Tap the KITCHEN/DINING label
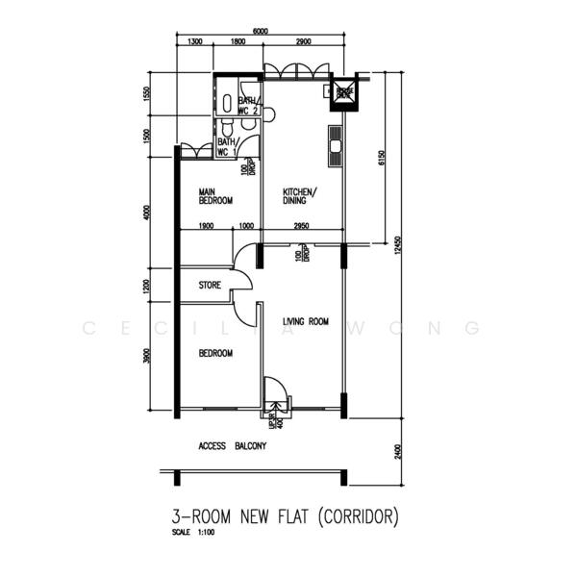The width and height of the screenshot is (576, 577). [x=299, y=196]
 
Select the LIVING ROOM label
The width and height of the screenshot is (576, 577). [x=306, y=321]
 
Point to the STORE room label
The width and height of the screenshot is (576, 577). [x=210, y=286]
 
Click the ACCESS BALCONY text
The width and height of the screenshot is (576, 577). [x=232, y=447]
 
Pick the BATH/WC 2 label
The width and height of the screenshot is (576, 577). [x=248, y=106]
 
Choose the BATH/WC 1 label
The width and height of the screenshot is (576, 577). [x=227, y=147]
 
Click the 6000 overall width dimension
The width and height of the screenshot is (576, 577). [x=260, y=31]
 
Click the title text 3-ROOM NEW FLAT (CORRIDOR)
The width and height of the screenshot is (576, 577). [x=279, y=516]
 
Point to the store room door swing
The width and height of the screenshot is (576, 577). [x=242, y=279]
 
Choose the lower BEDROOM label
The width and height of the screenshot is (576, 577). [x=215, y=353]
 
